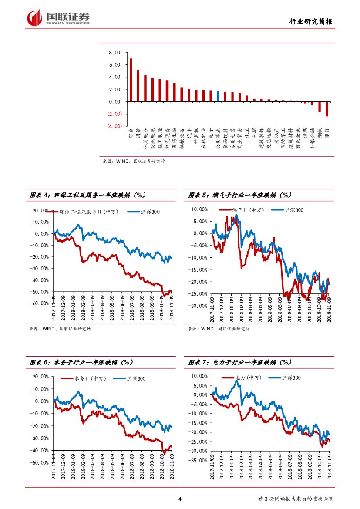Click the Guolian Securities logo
pyautogui.click(x=58, y=18)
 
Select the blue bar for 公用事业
pyautogui.click(x=218, y=96)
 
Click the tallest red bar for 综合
pyautogui.click(x=131, y=80)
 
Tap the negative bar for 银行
pyautogui.click(x=327, y=109)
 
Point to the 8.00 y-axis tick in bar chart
pyautogui.click(x=114, y=52)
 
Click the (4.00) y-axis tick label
pyautogui.click(x=114, y=126)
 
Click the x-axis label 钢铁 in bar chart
pyautogui.click(x=320, y=133)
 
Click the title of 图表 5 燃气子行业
pyautogui.click(x=240, y=195)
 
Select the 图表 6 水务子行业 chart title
pyautogui.click(x=81, y=362)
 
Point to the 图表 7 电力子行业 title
pyautogui.click(x=240, y=362)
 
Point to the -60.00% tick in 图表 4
pyautogui.click(x=39, y=303)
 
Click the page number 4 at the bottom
pyautogui.click(x=180, y=499)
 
